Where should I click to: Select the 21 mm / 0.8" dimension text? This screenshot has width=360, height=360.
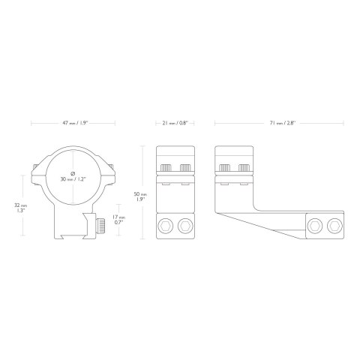[x=175, y=123]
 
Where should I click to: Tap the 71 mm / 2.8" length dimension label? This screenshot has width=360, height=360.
[x=283, y=123]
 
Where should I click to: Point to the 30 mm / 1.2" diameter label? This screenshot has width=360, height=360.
[x=73, y=179]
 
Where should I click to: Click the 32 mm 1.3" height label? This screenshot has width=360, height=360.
[x=19, y=208]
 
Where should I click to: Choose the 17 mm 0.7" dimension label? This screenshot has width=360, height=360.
[x=119, y=220]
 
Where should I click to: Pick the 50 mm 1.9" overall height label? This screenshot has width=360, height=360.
[x=140, y=196]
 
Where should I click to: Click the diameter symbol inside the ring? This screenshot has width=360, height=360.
[x=73, y=173]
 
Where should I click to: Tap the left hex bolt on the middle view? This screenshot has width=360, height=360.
[x=166, y=226]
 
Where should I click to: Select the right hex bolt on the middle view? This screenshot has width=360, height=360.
[x=185, y=226]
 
